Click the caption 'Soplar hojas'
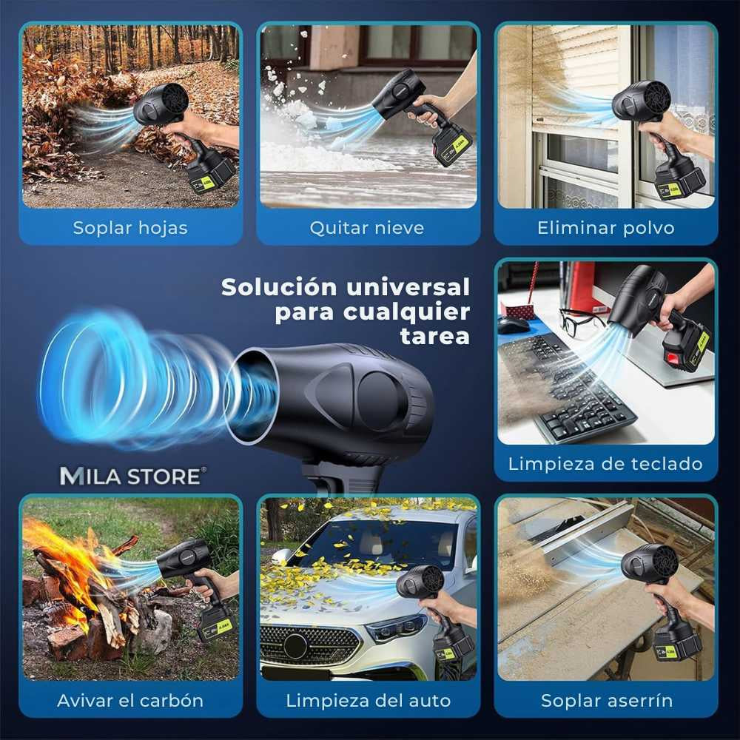click(130, 228)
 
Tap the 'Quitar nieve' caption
click(367, 228)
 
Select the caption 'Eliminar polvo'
click(606, 228)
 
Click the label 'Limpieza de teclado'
click(606, 464)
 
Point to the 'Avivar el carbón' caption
click(130, 700)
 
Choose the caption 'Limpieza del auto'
click(368, 700)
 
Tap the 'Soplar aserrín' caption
click(607, 700)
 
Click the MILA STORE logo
click(132, 476)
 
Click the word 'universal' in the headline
click(408, 287)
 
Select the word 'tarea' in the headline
click(434, 337)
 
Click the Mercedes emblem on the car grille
click(295, 645)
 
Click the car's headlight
click(395, 628)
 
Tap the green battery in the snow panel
click(451, 146)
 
